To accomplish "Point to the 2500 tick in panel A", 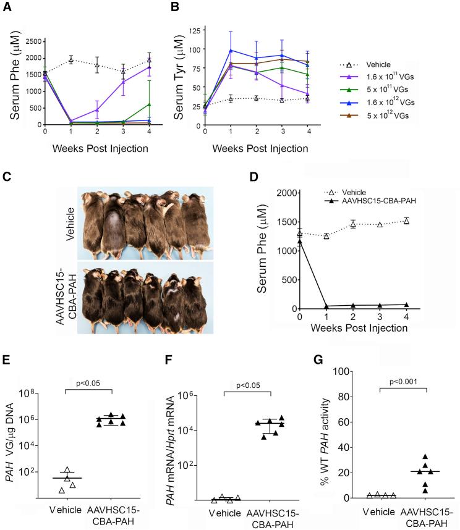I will pyautogui.click(x=32, y=41).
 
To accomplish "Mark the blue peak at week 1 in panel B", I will pyautogui.click(x=230, y=51).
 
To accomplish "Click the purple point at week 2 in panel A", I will pyautogui.click(x=97, y=110).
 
